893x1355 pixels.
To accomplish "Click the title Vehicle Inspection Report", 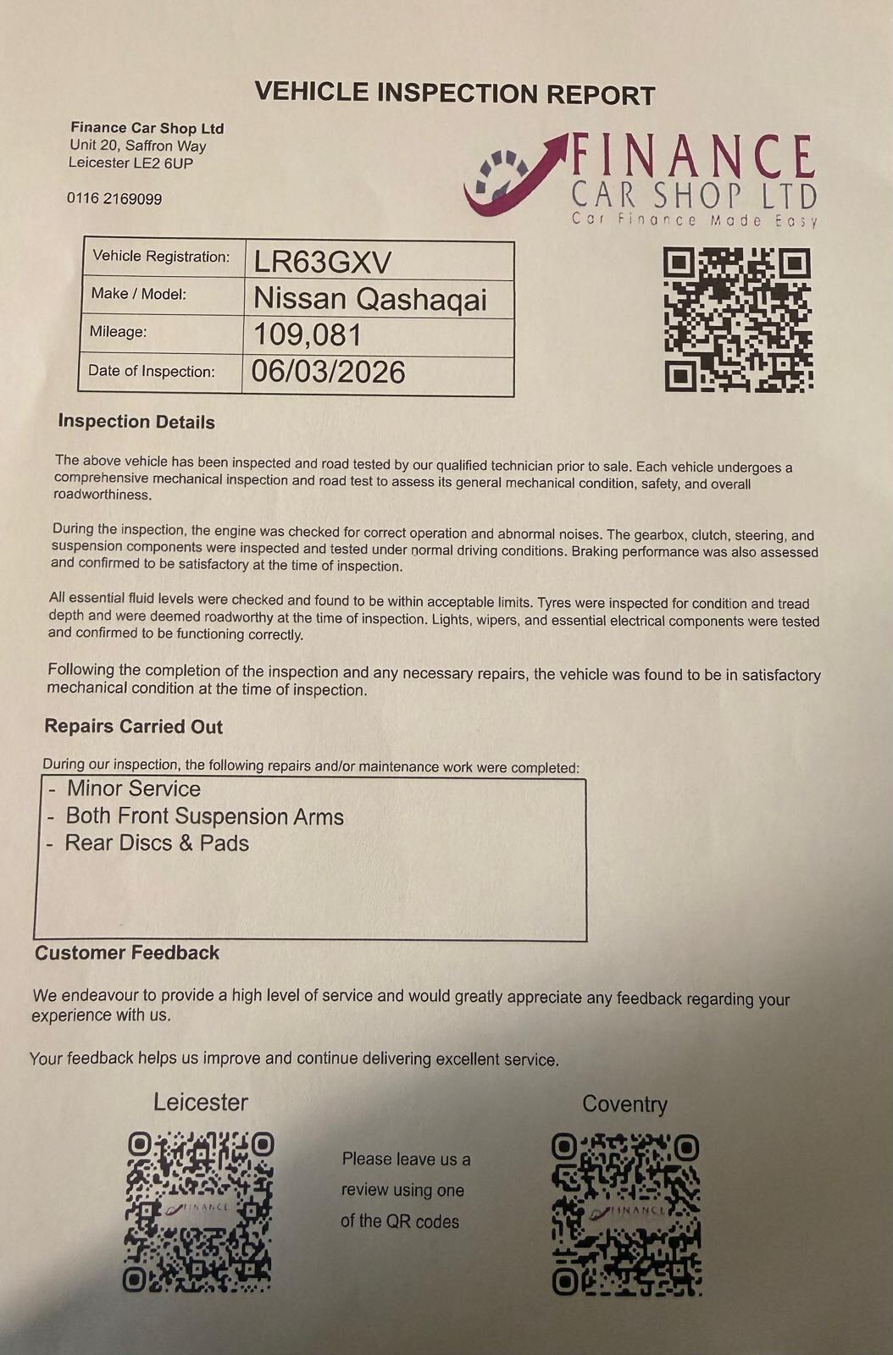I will (455, 92).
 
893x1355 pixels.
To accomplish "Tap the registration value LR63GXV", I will (322, 263).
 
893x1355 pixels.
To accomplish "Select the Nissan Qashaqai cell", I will (370, 299).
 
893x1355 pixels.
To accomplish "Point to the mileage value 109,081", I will (308, 336).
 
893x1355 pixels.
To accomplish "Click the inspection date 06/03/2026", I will (329, 372).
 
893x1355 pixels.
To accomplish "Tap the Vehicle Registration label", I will (161, 257).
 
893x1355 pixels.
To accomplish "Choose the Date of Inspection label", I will (151, 371).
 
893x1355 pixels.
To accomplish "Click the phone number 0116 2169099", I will (114, 198).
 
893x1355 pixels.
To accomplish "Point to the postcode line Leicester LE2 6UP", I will (130, 163).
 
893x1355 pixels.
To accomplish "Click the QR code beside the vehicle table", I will (737, 319).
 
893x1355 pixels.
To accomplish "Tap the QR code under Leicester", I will (200, 1210).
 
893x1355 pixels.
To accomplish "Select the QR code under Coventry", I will (626, 1214).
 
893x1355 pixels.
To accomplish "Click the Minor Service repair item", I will (133, 788).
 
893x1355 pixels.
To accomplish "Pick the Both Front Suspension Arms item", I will (204, 816).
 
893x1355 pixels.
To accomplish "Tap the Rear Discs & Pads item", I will (157, 843).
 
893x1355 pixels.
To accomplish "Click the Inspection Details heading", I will (136, 422).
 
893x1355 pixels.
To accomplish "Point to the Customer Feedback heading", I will (127, 953).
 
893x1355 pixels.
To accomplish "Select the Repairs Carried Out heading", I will (133, 727).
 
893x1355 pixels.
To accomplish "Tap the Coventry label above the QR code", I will (624, 1104).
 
